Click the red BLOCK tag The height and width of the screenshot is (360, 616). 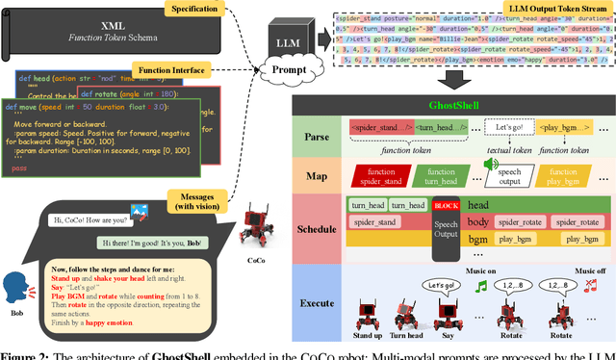(x=446, y=205)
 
